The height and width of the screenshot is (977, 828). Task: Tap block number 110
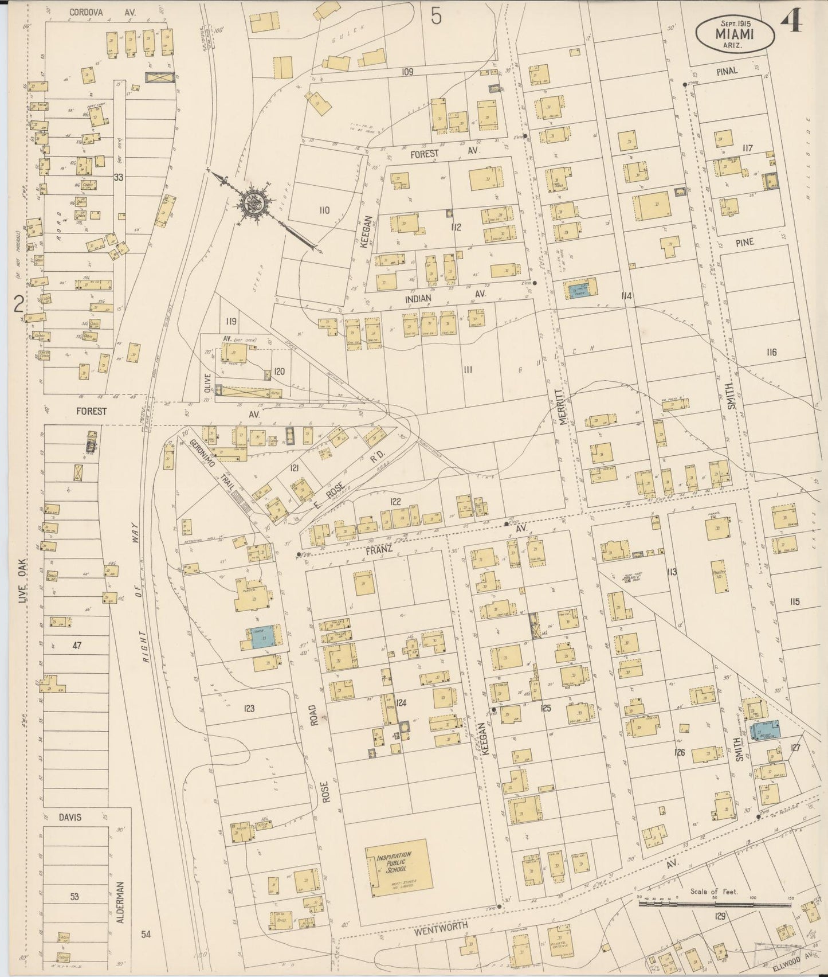tap(324, 210)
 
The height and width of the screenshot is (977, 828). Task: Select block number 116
tap(771, 352)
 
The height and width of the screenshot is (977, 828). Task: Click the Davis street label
tap(69, 817)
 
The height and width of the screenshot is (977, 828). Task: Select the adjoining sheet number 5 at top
tap(437, 17)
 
